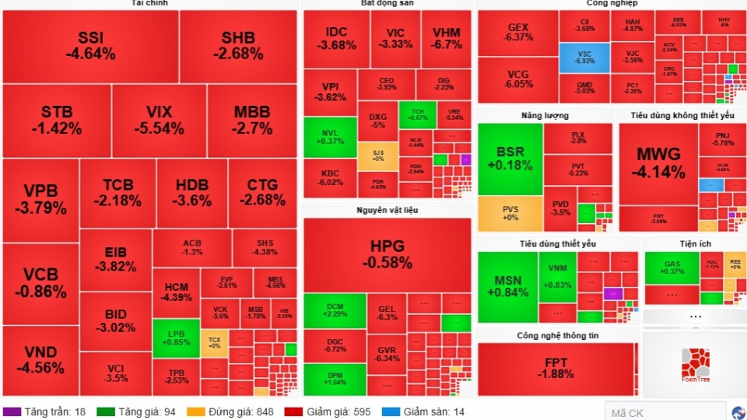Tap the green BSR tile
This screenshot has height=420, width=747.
click(x=509, y=159)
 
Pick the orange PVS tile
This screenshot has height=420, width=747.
click(x=509, y=213)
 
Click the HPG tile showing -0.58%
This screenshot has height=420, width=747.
click(x=387, y=254)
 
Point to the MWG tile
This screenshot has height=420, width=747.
click(x=658, y=163)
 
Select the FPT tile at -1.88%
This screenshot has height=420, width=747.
click(x=555, y=369)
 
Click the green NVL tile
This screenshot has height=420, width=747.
click(x=330, y=137)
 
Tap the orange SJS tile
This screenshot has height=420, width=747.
click(x=377, y=156)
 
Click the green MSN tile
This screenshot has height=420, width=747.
click(x=507, y=286)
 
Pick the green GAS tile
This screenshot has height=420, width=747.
click(x=672, y=268)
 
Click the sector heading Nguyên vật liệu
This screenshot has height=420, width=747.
click(x=387, y=211)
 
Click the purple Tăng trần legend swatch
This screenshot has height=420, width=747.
click(x=12, y=411)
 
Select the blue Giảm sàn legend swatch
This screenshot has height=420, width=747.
click(x=390, y=411)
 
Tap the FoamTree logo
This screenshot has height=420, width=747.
click(x=695, y=363)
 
